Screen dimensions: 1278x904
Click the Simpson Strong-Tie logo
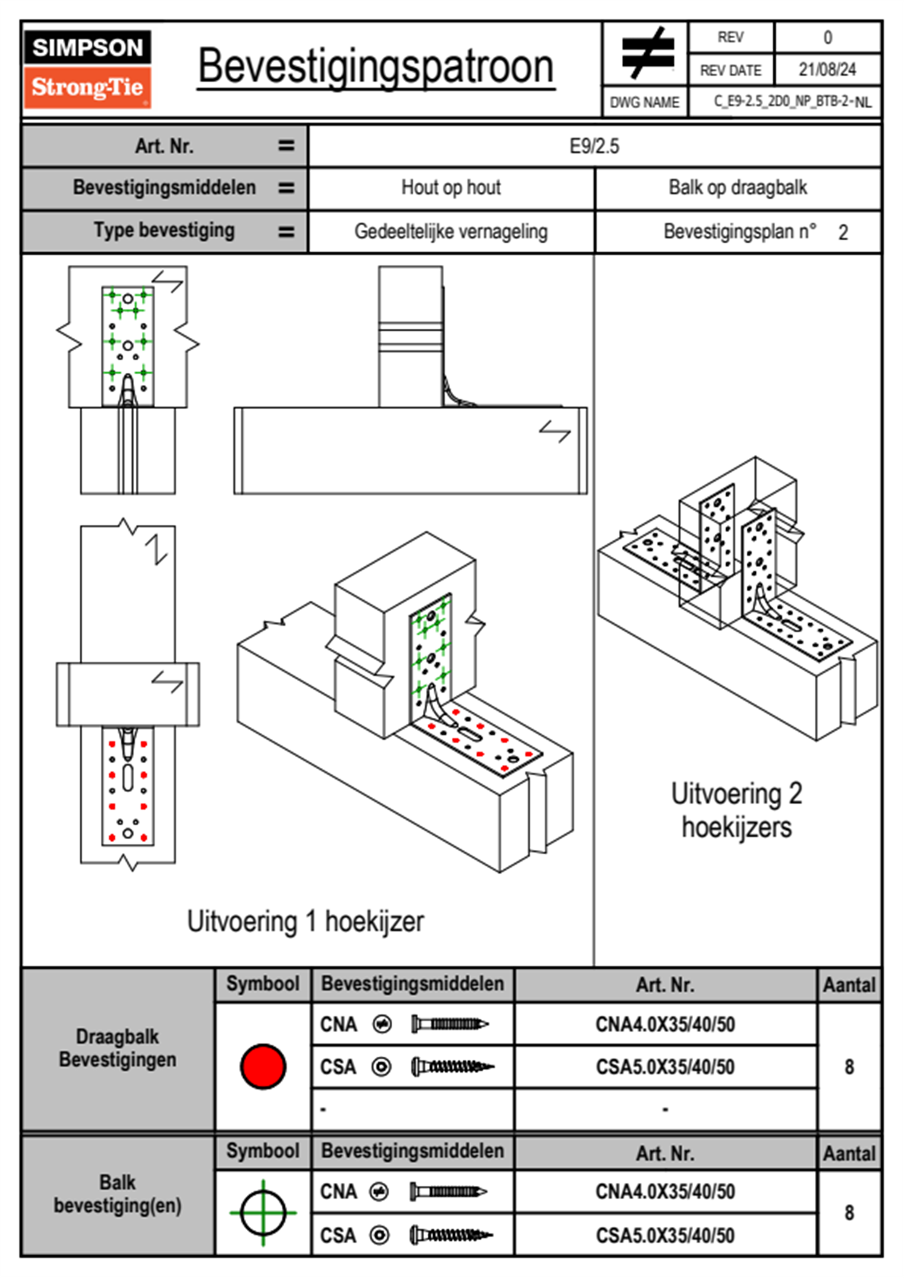pos(87,68)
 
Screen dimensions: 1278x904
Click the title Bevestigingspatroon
pos(375,67)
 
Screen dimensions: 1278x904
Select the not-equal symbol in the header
pos(646,53)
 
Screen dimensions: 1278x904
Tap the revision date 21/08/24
pos(827,70)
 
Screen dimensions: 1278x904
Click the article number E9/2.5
pos(594,146)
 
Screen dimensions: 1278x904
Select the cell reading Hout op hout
pos(450,188)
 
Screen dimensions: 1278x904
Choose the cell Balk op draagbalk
pos(737,188)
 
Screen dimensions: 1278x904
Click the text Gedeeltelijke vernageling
pos(450,231)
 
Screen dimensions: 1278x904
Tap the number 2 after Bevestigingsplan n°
pos(842,233)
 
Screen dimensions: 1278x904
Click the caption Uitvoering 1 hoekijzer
pos(305,921)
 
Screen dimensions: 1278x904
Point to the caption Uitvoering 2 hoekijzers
pos(736,810)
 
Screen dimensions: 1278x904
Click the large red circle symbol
pos(263,1066)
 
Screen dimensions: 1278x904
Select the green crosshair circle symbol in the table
pos(263,1213)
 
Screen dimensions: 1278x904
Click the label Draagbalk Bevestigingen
pos(118,1048)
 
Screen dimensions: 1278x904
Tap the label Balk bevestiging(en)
pos(118,1194)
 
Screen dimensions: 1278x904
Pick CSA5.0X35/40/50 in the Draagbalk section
pos(665,1067)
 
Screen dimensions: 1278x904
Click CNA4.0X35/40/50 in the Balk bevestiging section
pos(665,1191)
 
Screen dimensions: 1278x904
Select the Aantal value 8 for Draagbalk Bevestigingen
pos(849,1067)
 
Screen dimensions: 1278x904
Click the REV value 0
pos(827,37)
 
